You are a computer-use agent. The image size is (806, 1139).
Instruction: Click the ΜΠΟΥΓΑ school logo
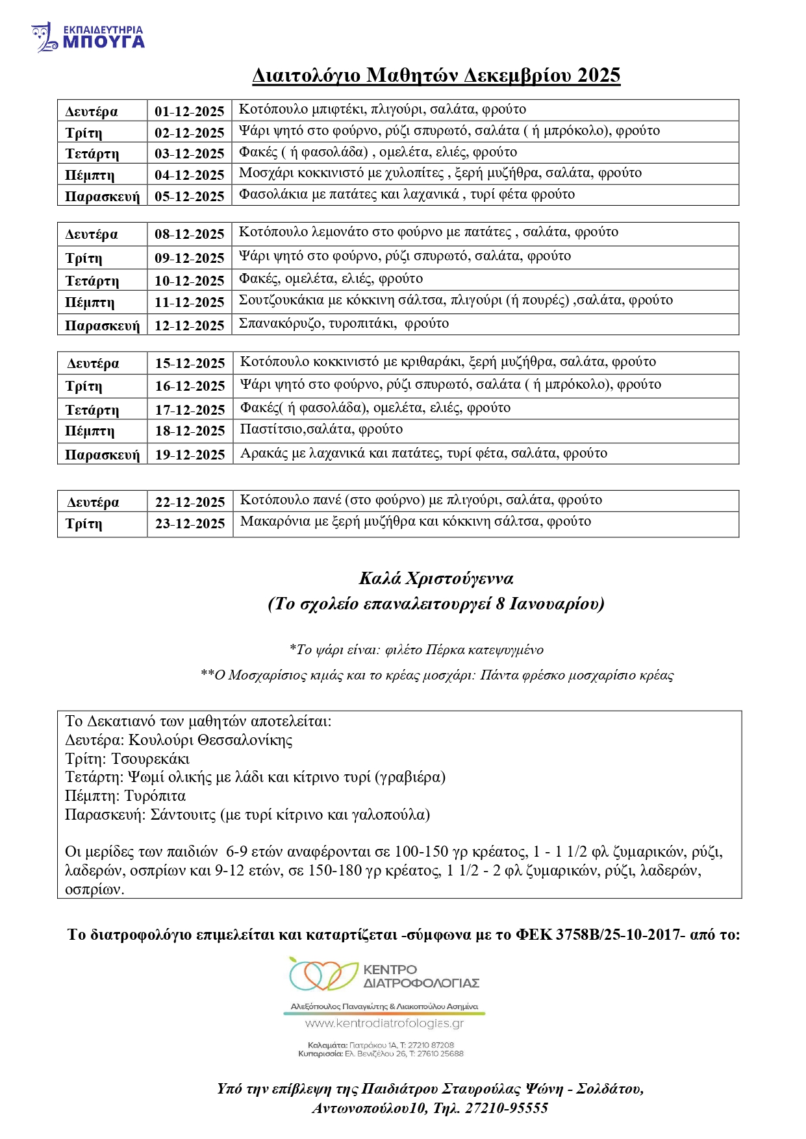click(x=88, y=38)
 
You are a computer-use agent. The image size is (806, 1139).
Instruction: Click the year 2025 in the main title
click(x=598, y=75)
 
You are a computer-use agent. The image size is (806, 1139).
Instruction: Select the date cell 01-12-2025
click(x=189, y=111)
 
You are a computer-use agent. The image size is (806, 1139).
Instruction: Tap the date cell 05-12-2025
click(x=189, y=196)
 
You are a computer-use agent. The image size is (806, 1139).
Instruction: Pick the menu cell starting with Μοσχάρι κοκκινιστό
click(x=440, y=173)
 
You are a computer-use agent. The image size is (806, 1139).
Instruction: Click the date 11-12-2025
click(x=189, y=302)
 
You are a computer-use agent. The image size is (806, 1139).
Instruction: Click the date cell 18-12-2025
click(x=190, y=431)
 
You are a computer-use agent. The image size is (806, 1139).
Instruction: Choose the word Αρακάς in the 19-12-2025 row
click(x=264, y=453)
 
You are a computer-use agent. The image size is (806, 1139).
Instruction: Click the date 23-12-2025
click(x=190, y=524)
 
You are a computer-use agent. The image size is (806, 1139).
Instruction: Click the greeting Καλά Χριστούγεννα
click(x=436, y=578)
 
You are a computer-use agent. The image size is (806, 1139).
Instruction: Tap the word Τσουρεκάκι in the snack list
click(x=151, y=759)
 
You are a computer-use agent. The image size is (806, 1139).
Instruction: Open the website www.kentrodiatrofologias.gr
click(x=384, y=1023)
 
